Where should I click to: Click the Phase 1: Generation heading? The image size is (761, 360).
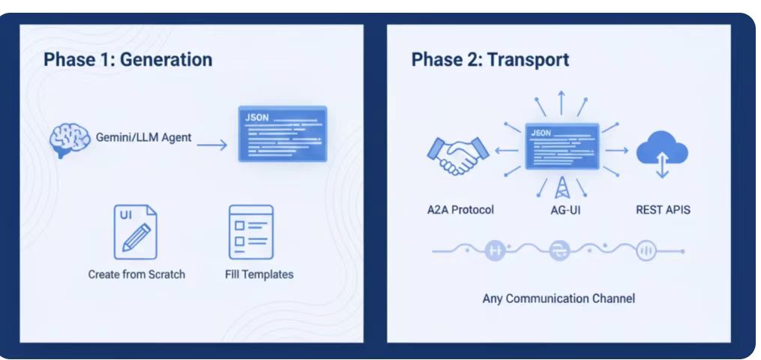127,59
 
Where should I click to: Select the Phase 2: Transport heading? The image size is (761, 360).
490,59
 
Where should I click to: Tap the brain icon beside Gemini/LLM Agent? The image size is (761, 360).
70,140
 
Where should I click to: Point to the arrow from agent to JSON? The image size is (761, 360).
212,144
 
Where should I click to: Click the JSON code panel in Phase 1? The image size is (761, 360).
282,133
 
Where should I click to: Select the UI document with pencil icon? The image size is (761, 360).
136,232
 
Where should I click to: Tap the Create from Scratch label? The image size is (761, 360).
136,274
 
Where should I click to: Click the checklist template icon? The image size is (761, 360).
251,232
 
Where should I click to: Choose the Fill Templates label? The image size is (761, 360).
259,274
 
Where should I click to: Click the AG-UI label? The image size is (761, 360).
560,210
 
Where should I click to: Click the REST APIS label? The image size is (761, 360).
663,209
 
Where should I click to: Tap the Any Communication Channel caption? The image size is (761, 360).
559,298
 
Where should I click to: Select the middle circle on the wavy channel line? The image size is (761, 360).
559,252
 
